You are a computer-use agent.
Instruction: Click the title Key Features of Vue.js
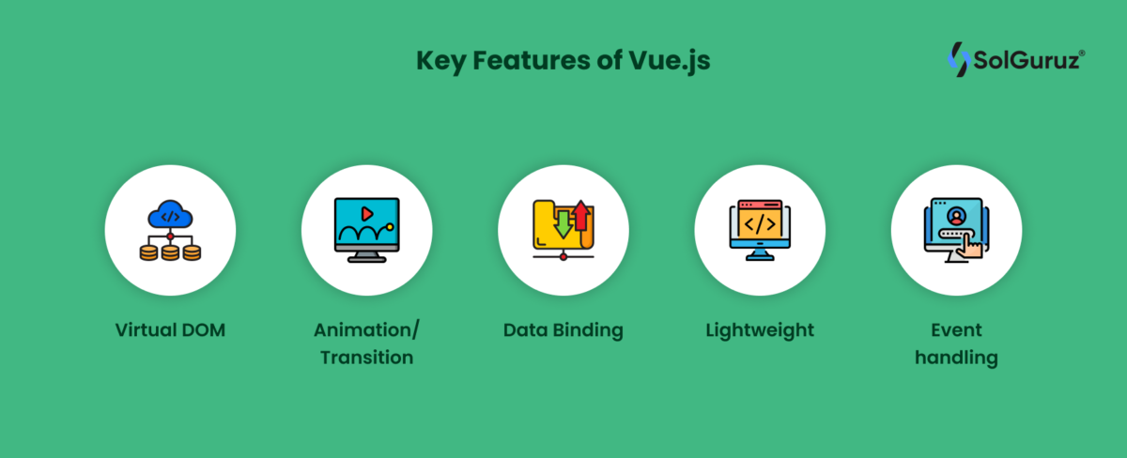pyautogui.click(x=563, y=60)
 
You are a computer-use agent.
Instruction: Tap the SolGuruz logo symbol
pyautogui.click(x=959, y=59)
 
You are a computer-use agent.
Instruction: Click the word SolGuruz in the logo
pyautogui.click(x=1027, y=60)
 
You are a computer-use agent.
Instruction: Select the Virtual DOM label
pyautogui.click(x=170, y=329)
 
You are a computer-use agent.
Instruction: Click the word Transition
pyautogui.click(x=367, y=358)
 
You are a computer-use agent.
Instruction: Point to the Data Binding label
pyautogui.click(x=563, y=330)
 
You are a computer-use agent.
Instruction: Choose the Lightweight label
pyautogui.click(x=760, y=330)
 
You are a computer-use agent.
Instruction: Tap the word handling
pyautogui.click(x=956, y=358)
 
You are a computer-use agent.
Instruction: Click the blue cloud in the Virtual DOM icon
pyautogui.click(x=170, y=215)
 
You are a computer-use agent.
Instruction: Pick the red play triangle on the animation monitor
pyautogui.click(x=367, y=214)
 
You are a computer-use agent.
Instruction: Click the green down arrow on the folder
pyautogui.click(x=563, y=224)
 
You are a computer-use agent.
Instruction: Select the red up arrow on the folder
pyautogui.click(x=581, y=216)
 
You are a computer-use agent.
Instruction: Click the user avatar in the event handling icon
pyautogui.click(x=956, y=217)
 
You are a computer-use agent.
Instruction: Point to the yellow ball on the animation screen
pyautogui.click(x=390, y=227)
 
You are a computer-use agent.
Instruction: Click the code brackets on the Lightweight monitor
pyautogui.click(x=760, y=223)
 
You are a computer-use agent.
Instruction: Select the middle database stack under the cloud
pyautogui.click(x=170, y=252)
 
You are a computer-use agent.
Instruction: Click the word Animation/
pyautogui.click(x=366, y=330)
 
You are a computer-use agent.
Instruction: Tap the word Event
pyautogui.click(x=956, y=330)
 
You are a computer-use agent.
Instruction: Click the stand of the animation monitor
pyautogui.click(x=367, y=257)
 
